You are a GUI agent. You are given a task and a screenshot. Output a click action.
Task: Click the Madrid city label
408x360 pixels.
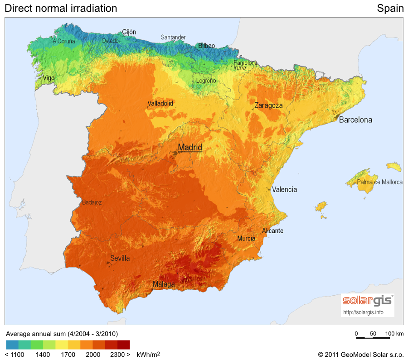[x=190, y=147]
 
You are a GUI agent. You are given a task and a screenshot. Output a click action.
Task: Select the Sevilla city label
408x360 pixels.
[x=120, y=259]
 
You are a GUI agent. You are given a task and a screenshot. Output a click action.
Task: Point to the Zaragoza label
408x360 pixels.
[x=268, y=106]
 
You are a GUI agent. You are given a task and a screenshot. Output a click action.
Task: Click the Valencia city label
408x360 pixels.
[x=284, y=190]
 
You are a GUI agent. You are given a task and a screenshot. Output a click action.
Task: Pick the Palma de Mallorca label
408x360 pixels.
[x=379, y=182]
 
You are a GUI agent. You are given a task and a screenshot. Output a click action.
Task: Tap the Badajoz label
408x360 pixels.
[x=92, y=202]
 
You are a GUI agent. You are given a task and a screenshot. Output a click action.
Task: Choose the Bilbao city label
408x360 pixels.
[x=206, y=46]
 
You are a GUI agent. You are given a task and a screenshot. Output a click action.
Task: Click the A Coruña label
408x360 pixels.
[x=63, y=41]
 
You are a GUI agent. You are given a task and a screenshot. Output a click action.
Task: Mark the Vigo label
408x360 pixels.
[x=49, y=78]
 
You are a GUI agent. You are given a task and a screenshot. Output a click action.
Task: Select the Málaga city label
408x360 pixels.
[x=164, y=284]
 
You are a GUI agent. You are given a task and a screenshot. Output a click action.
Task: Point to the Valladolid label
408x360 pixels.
[x=160, y=104]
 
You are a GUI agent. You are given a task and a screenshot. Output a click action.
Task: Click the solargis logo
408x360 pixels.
[x=368, y=300]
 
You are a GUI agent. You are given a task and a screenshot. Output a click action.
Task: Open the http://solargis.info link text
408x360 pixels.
[x=364, y=312]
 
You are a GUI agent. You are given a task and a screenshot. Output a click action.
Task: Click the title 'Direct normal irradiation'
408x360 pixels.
[x=61, y=8]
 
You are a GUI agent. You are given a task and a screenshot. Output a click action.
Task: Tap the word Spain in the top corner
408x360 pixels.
[x=390, y=8]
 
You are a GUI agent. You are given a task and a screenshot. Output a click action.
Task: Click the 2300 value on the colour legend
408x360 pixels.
[x=117, y=355]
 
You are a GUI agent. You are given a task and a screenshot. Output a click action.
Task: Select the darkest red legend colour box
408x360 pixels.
[x=124, y=345]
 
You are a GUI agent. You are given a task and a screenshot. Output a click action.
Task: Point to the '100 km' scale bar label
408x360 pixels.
[x=394, y=334]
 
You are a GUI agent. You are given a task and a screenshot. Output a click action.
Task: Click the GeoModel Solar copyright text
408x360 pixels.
[x=360, y=355]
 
